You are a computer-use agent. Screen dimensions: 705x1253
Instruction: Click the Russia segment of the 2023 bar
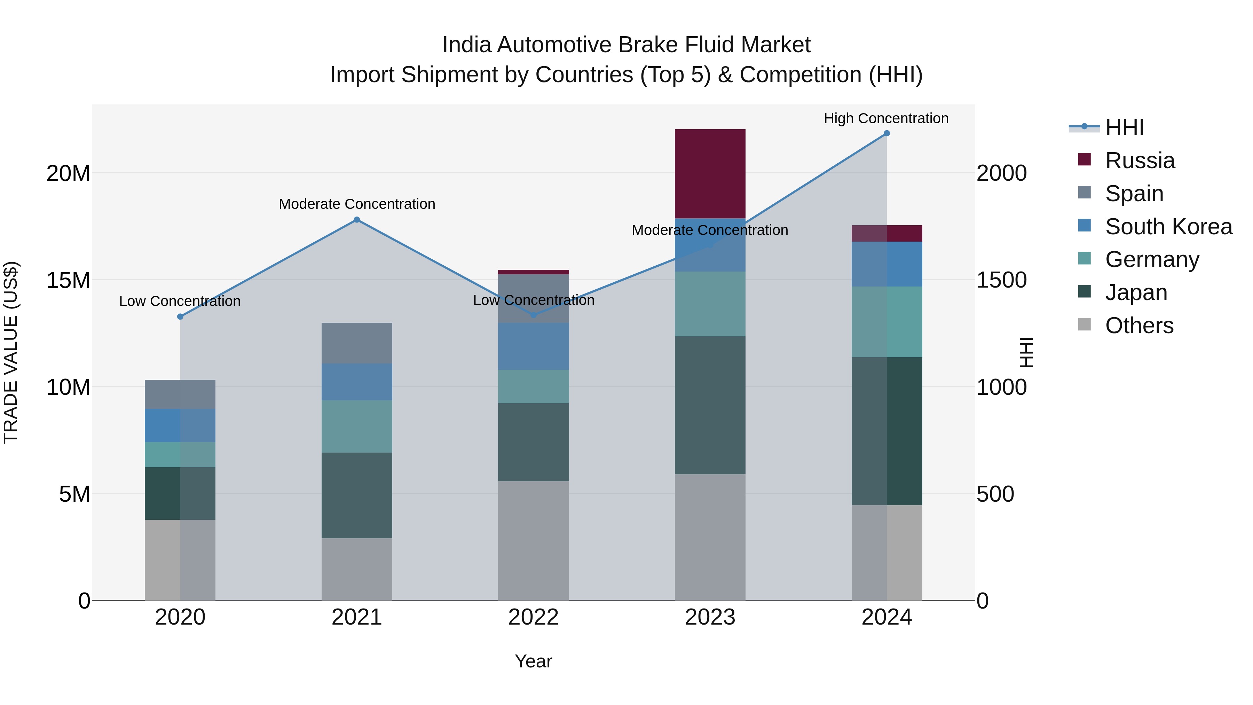tap(710, 174)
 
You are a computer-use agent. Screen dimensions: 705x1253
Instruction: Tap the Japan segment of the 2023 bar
tap(710, 405)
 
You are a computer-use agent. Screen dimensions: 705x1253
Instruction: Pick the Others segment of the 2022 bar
tap(533, 541)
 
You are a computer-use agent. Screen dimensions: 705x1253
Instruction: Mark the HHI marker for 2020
tap(180, 317)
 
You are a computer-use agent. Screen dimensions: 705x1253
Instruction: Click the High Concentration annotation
tap(886, 118)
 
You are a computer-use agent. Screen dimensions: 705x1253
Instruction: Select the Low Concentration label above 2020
tap(180, 301)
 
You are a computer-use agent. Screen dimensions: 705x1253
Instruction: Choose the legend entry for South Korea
tap(1168, 227)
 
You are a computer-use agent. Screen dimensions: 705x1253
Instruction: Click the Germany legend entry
tap(1152, 259)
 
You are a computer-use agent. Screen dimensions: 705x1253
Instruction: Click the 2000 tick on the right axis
tap(1001, 173)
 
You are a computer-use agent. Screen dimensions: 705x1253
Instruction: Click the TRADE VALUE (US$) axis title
tap(11, 352)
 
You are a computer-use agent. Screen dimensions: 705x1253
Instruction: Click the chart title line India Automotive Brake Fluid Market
tap(626, 45)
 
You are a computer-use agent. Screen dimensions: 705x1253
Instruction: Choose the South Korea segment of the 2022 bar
tap(533, 346)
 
